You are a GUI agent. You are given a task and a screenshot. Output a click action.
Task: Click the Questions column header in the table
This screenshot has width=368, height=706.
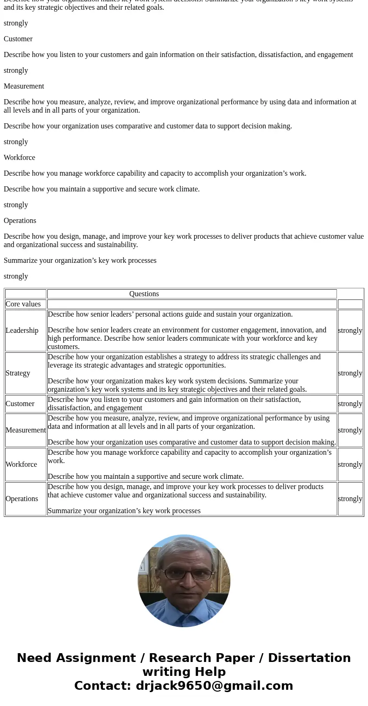(x=144, y=294)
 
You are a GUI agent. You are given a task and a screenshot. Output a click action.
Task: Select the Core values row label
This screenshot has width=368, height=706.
(x=23, y=304)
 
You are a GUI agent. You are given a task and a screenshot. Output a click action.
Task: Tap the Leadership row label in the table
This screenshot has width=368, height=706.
(x=22, y=331)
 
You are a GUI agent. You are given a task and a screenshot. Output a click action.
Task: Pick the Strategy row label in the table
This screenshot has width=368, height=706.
(x=18, y=373)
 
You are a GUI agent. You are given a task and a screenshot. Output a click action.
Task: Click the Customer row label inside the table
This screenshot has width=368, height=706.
(x=20, y=404)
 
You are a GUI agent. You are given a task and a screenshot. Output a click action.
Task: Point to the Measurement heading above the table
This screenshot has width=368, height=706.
(x=24, y=86)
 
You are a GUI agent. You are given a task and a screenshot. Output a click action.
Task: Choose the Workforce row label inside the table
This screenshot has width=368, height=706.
(x=21, y=464)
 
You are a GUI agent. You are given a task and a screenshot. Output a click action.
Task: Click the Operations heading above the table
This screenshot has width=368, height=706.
(x=20, y=221)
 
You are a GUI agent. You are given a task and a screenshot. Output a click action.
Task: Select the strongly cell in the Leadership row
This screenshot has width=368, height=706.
(x=350, y=331)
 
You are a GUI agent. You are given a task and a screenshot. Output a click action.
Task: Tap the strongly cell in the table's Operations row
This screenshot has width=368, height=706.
(x=350, y=499)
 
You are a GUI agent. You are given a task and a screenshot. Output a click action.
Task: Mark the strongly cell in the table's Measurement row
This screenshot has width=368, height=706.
(x=350, y=430)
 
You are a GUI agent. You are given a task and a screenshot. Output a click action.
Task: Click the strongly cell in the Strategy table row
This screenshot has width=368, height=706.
(x=350, y=373)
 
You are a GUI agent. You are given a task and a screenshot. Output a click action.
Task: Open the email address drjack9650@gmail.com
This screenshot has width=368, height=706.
(x=214, y=686)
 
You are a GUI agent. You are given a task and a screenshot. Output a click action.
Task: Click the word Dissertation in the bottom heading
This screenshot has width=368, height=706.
(x=309, y=658)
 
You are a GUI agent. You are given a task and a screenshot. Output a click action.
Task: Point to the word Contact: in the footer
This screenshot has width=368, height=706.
(x=102, y=686)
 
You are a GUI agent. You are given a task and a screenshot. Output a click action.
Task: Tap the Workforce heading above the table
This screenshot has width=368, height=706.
(x=19, y=158)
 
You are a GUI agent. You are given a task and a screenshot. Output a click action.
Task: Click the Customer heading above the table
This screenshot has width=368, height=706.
(x=18, y=39)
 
